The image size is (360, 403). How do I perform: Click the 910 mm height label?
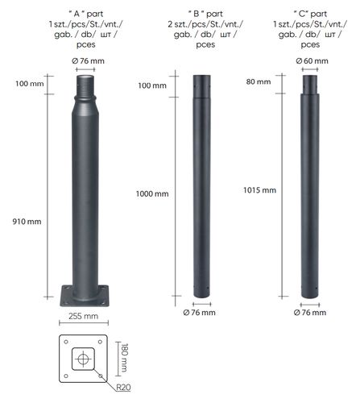point(27,222)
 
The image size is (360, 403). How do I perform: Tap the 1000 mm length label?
point(152,193)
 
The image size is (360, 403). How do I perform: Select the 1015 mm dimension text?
point(259,190)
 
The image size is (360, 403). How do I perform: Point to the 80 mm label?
point(259,81)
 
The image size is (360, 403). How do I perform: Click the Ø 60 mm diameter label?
point(312,61)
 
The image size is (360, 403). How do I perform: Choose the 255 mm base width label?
point(83,316)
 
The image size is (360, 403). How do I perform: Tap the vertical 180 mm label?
point(124,358)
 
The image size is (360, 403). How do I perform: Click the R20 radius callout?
point(123,388)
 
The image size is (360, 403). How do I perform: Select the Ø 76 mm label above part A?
point(88,61)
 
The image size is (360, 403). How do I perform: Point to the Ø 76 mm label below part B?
point(199,313)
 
